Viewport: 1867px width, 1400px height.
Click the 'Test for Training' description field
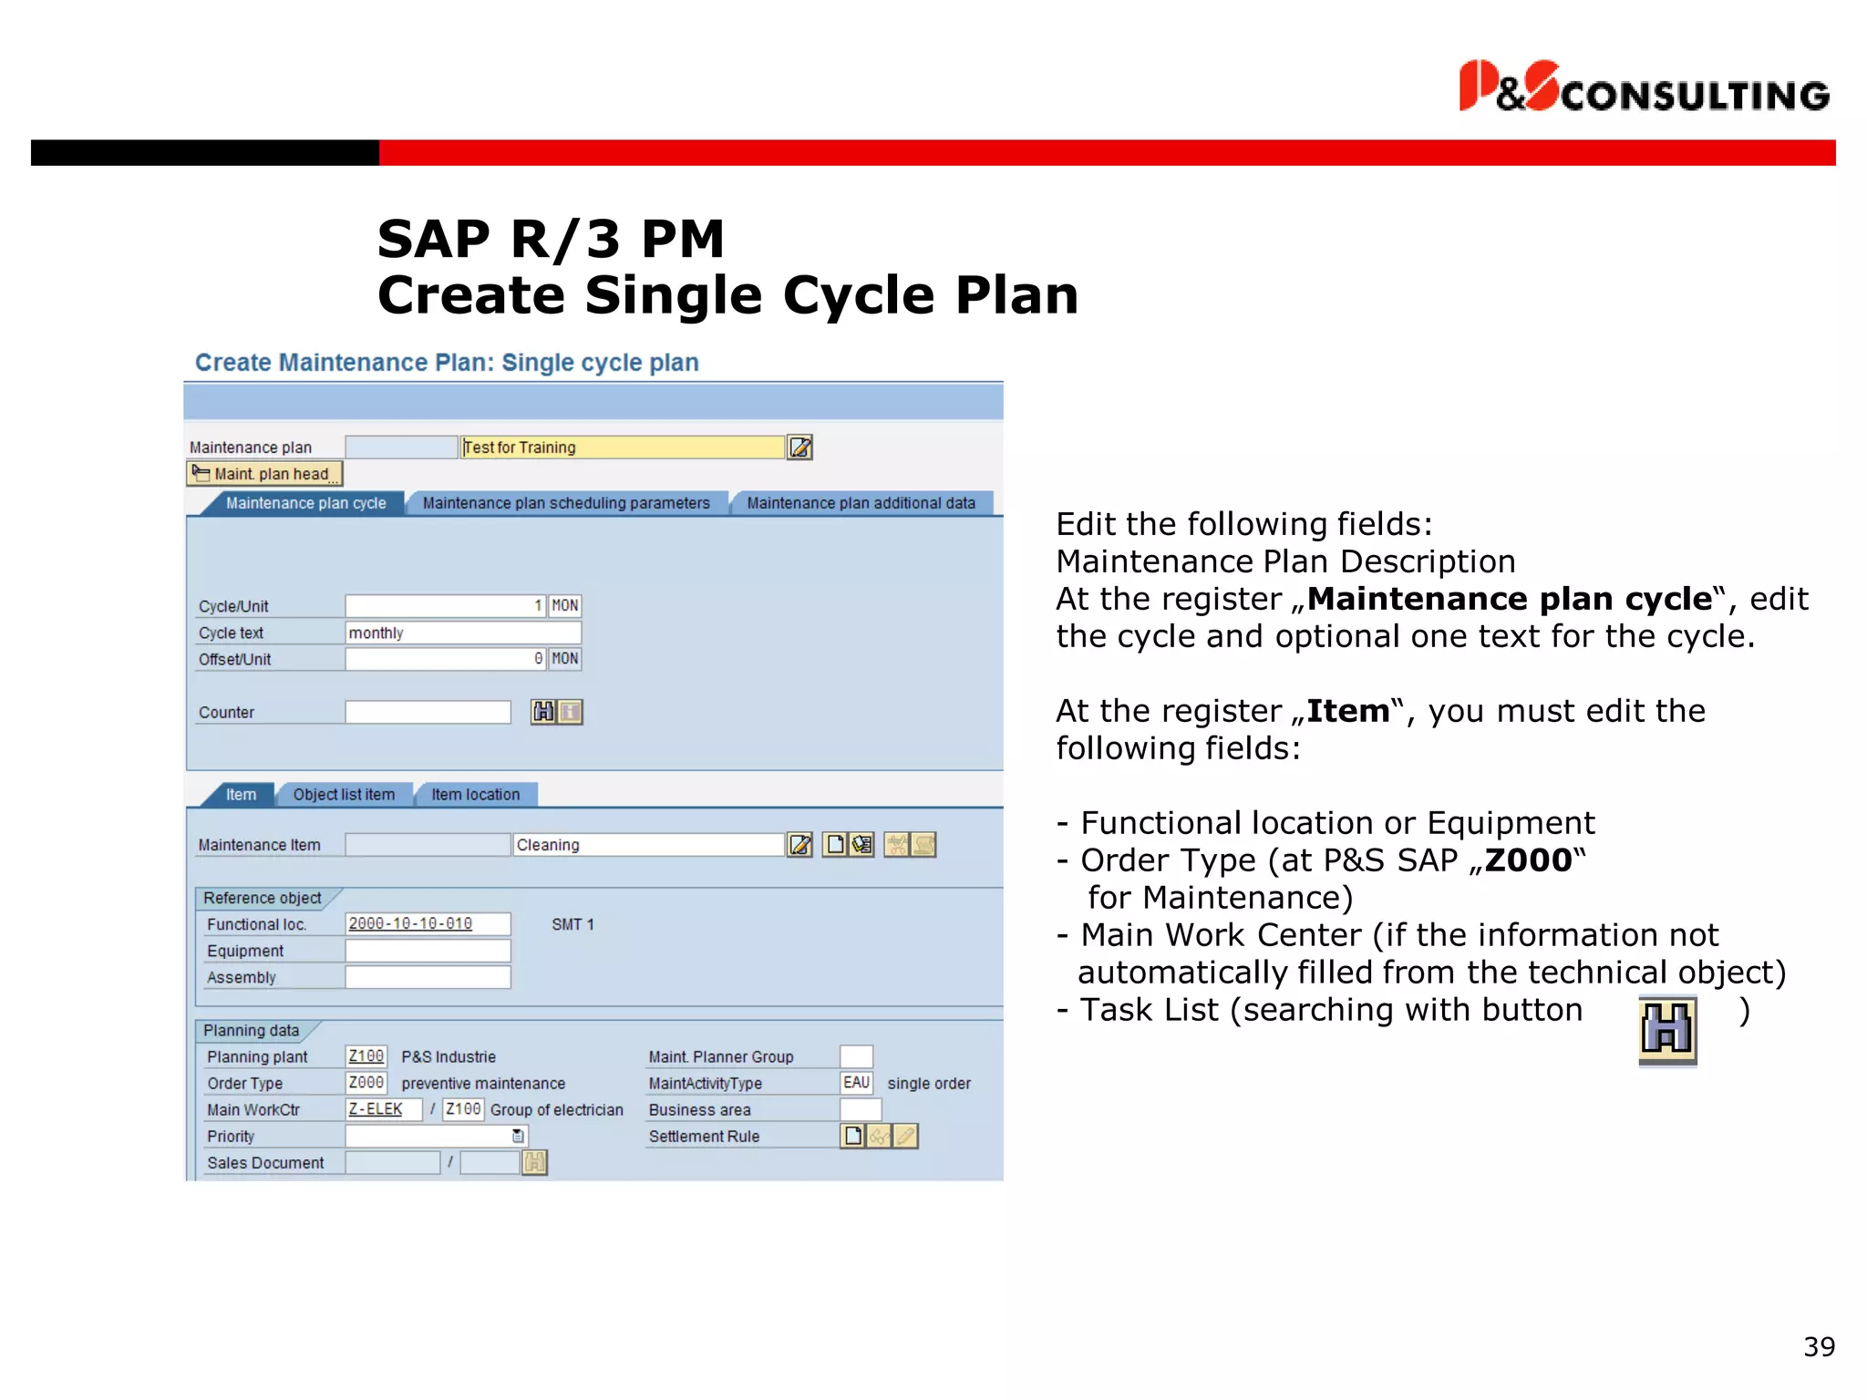622,448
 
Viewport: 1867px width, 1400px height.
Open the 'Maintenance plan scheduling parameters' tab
566,503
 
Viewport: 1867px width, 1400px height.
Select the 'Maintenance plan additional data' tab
861,503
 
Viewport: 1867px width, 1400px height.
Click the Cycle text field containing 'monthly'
463,633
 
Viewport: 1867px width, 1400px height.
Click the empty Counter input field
428,713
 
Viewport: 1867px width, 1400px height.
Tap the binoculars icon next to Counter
543,712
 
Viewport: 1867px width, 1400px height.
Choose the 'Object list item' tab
344,795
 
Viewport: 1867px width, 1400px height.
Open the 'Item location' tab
475,795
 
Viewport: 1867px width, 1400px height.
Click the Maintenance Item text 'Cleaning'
647,845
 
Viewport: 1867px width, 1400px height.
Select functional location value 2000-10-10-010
411,924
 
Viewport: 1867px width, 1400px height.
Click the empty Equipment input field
428,951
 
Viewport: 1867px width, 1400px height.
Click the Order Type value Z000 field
366,1083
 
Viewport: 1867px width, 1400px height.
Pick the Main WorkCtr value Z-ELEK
376,1109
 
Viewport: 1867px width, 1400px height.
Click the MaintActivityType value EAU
856,1083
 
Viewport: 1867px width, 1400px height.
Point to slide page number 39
1819,1347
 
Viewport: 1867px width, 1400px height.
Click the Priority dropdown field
436,1136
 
